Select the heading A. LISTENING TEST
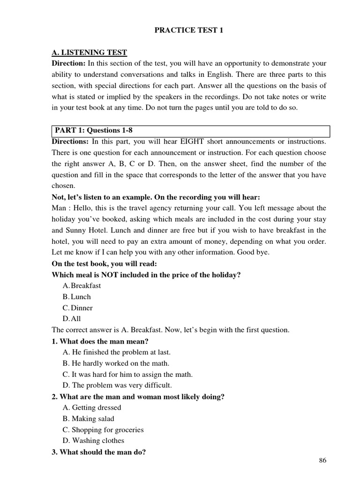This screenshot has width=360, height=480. pos(89,52)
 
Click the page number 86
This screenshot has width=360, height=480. pos(322,460)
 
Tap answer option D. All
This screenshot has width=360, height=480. pos(73,319)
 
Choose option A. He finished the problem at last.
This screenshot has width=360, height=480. pos(116,352)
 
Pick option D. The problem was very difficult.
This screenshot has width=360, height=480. pos(117,385)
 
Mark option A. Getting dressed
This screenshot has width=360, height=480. pos(92,407)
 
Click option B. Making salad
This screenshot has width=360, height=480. pos(88,419)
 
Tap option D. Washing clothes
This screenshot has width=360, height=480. pos(93,441)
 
